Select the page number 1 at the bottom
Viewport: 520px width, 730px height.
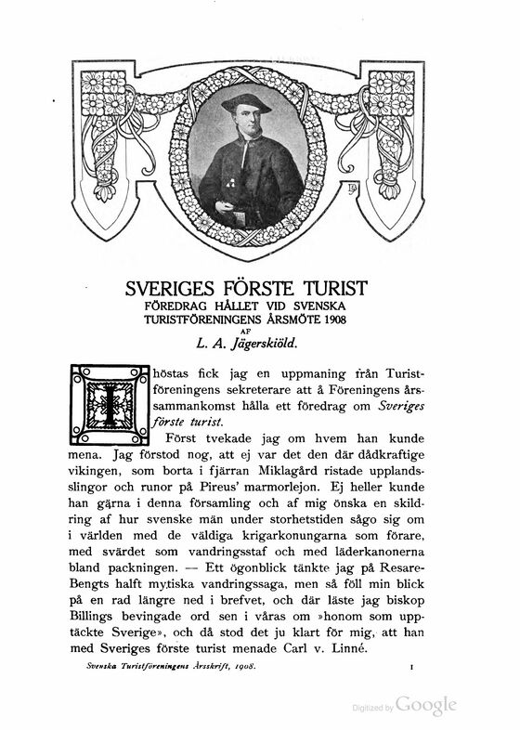409,667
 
